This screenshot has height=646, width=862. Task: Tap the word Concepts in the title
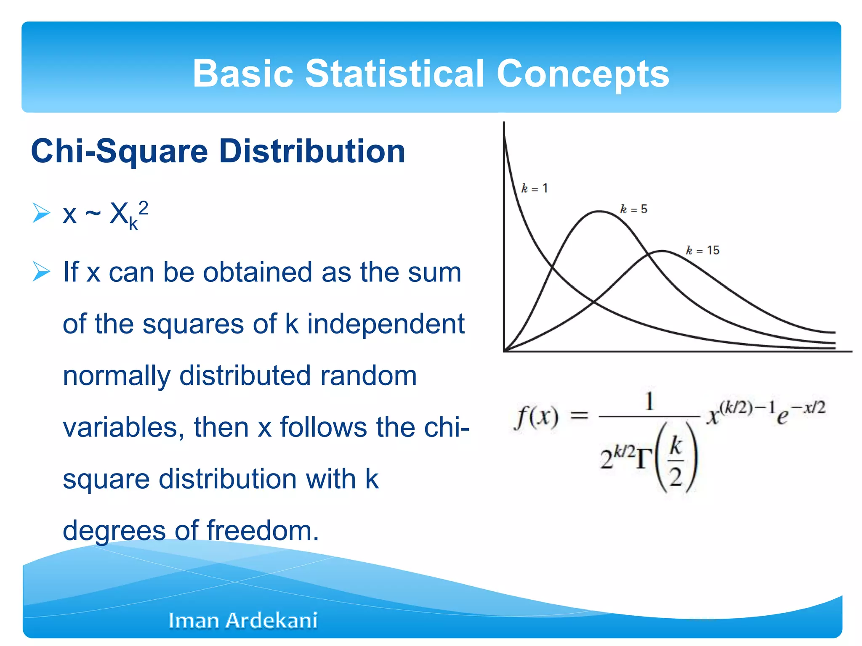click(x=583, y=74)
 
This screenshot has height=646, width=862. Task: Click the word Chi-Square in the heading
click(x=120, y=151)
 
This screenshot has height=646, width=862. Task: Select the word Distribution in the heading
click(x=312, y=151)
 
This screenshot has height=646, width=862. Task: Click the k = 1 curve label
click(x=534, y=188)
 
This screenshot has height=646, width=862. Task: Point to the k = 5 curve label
click(x=633, y=209)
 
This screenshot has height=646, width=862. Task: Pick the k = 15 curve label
click(x=702, y=251)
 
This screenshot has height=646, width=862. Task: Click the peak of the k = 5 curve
click(x=599, y=212)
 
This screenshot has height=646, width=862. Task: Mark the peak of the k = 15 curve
click(x=662, y=251)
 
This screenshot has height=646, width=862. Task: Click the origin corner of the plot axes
click(x=504, y=351)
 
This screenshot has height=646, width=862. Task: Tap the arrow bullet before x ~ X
click(x=41, y=213)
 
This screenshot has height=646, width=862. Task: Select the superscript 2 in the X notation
click(x=143, y=208)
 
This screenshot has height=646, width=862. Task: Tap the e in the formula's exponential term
click(x=782, y=417)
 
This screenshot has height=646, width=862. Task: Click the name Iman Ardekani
click(x=243, y=620)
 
